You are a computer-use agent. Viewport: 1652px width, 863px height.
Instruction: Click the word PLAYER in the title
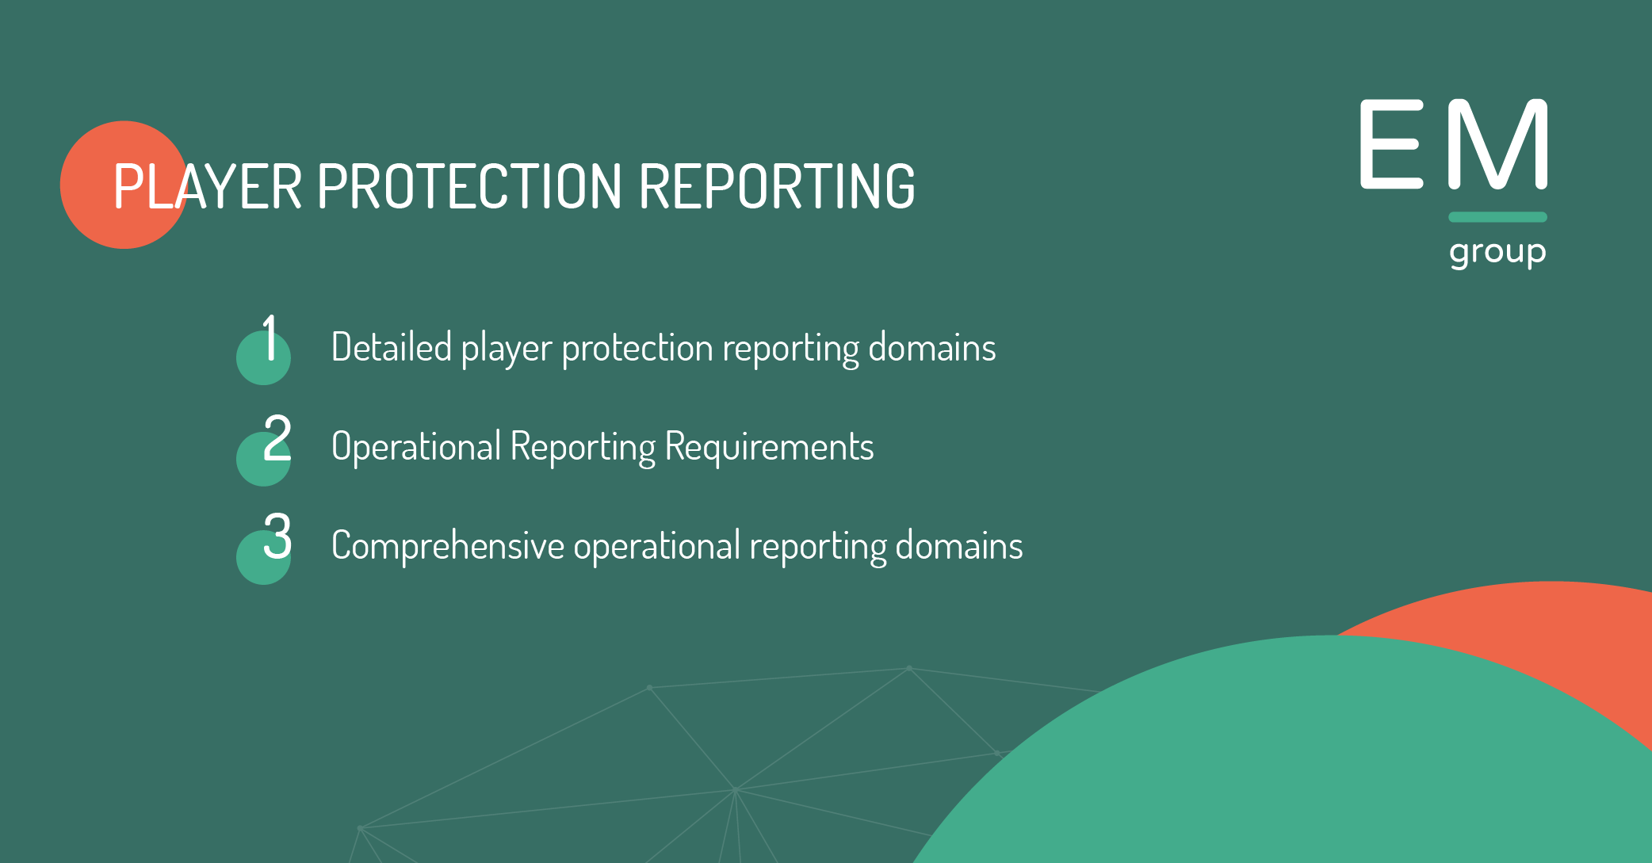click(207, 187)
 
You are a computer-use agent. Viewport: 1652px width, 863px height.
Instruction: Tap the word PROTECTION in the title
click(469, 187)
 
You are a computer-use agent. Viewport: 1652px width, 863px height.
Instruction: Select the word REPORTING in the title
click(776, 187)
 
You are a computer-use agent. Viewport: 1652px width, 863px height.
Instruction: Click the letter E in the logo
click(1391, 144)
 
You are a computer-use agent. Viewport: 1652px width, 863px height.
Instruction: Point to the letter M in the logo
click(1497, 144)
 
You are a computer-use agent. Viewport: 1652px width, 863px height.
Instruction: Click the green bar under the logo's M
click(1497, 217)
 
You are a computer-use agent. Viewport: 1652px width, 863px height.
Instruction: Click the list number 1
click(270, 338)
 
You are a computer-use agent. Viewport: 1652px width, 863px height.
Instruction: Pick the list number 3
click(277, 537)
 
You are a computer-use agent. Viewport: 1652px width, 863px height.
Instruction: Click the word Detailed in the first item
click(392, 347)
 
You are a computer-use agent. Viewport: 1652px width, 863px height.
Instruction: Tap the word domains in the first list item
click(932, 347)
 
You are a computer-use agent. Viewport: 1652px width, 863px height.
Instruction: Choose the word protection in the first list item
click(637, 349)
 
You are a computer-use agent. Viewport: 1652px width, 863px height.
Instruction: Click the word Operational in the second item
click(416, 447)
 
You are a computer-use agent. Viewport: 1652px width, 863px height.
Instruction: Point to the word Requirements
click(769, 447)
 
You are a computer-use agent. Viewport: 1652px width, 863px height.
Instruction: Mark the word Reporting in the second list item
click(583, 447)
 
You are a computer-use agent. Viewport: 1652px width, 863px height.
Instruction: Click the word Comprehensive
click(448, 546)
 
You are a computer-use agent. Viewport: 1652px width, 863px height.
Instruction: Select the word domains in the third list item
click(959, 546)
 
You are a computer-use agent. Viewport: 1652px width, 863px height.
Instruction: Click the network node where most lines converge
click(736, 790)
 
